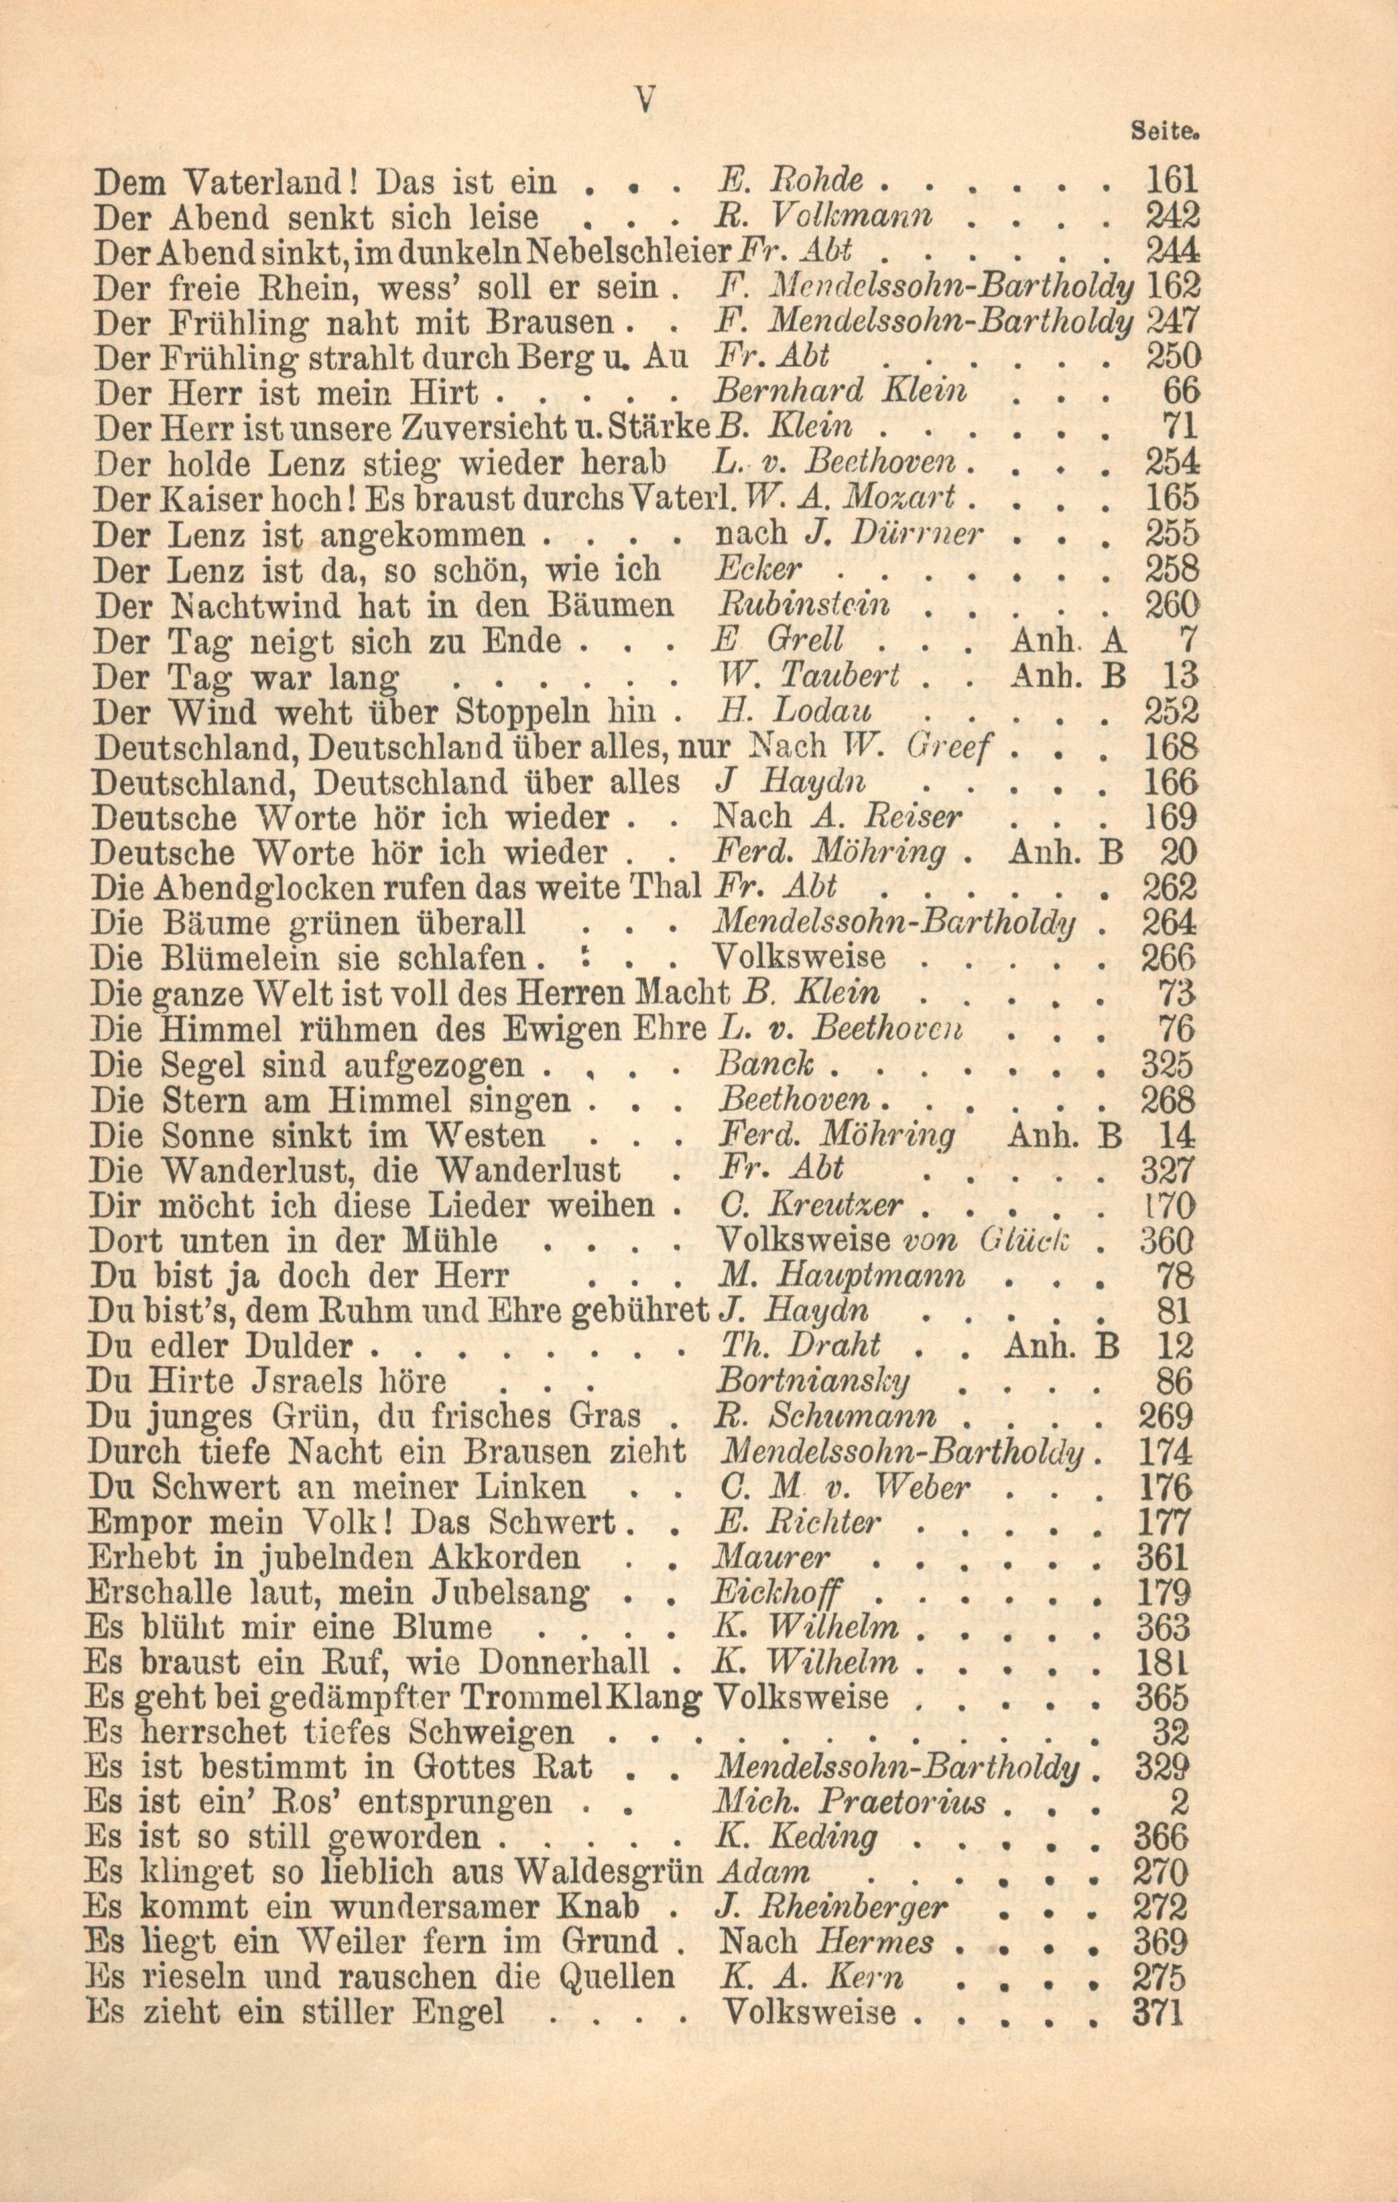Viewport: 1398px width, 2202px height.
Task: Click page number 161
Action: pos(1171,181)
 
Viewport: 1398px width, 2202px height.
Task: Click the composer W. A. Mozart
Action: pos(850,499)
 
